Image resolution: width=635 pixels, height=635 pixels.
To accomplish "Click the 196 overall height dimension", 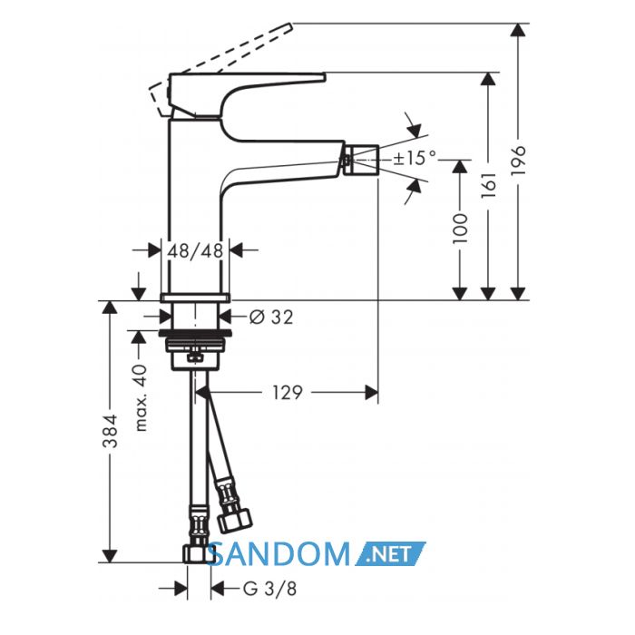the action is pyautogui.click(x=518, y=161).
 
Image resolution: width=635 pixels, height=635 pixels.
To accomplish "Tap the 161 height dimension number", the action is pyautogui.click(x=488, y=185).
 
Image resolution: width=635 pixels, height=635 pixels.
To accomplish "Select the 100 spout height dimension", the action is pyautogui.click(x=460, y=229).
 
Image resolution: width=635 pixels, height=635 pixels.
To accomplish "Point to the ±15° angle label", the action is pyautogui.click(x=415, y=158).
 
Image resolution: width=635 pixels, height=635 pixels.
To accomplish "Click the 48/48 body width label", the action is pyautogui.click(x=195, y=250).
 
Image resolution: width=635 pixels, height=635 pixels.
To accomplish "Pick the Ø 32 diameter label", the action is pyautogui.click(x=271, y=317).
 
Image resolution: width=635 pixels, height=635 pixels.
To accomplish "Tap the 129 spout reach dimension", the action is pyautogui.click(x=288, y=393).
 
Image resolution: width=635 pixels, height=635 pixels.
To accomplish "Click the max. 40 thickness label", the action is pyautogui.click(x=141, y=397).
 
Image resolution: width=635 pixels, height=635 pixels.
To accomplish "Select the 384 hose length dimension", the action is pyautogui.click(x=110, y=431).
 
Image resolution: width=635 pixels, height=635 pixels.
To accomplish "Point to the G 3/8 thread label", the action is pyautogui.click(x=269, y=589).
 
